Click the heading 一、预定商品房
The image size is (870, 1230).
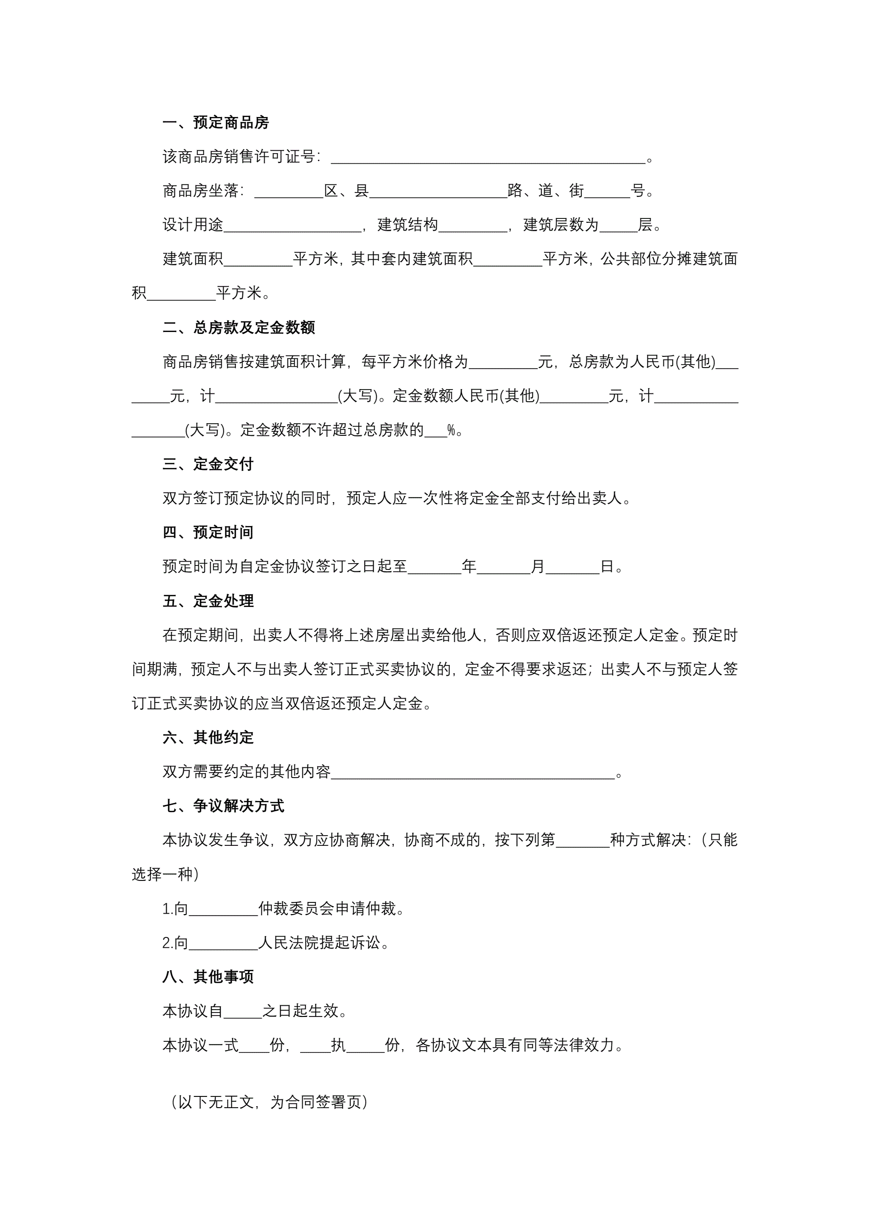(x=215, y=123)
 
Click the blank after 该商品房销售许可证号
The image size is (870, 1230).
(x=487, y=157)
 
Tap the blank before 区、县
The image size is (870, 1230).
(x=289, y=192)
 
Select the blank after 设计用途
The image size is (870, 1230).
(x=292, y=226)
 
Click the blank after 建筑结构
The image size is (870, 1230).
(x=472, y=226)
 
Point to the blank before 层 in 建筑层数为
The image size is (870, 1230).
(x=618, y=226)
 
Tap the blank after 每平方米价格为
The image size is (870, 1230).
(x=503, y=363)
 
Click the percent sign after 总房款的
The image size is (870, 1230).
(x=451, y=430)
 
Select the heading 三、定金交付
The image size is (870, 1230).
(x=208, y=465)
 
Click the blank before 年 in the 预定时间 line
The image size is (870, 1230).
(x=434, y=567)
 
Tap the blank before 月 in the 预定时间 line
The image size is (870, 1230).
(x=503, y=567)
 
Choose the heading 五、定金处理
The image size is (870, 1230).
(x=208, y=601)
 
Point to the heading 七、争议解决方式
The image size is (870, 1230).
(x=223, y=806)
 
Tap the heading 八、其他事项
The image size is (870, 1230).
(x=208, y=977)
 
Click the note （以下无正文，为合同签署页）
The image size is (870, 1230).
(x=269, y=1102)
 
